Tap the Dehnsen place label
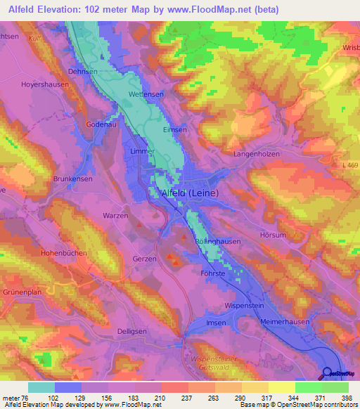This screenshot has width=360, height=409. click(83, 71)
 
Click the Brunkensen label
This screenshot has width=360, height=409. click(73, 179)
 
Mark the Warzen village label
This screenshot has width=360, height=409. click(115, 216)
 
